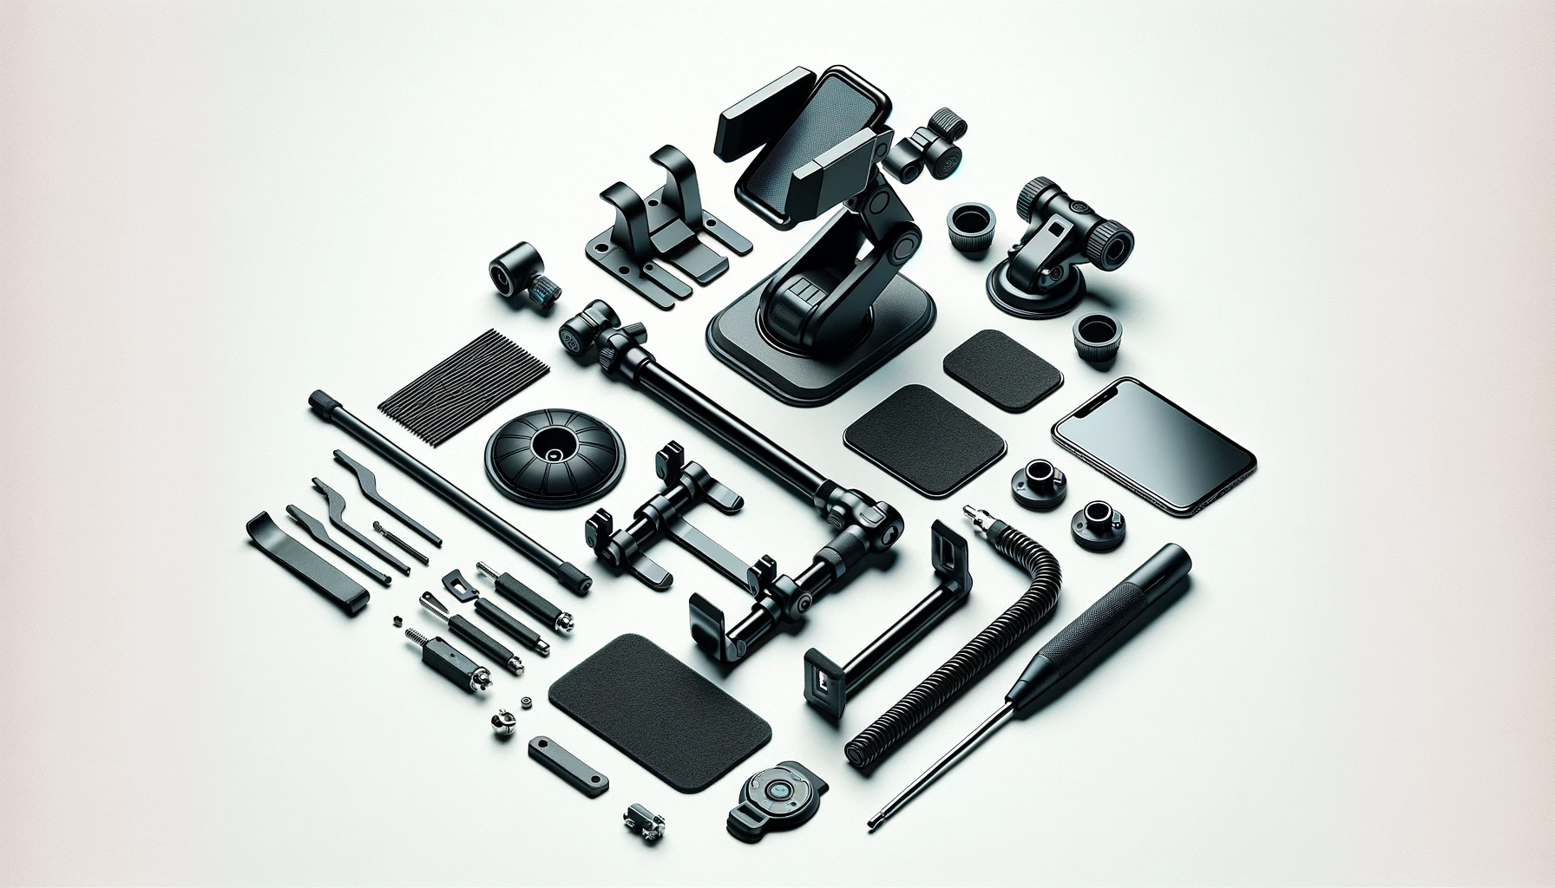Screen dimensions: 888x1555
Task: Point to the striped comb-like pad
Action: click(464, 372)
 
